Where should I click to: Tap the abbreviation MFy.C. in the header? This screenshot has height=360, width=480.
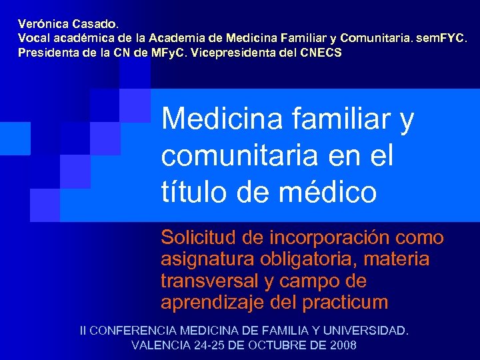pos(167,53)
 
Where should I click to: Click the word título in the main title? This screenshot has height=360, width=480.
pos(189,193)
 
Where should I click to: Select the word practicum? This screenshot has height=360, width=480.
pos(345,302)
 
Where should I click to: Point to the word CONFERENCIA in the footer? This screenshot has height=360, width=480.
pos(129,331)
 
